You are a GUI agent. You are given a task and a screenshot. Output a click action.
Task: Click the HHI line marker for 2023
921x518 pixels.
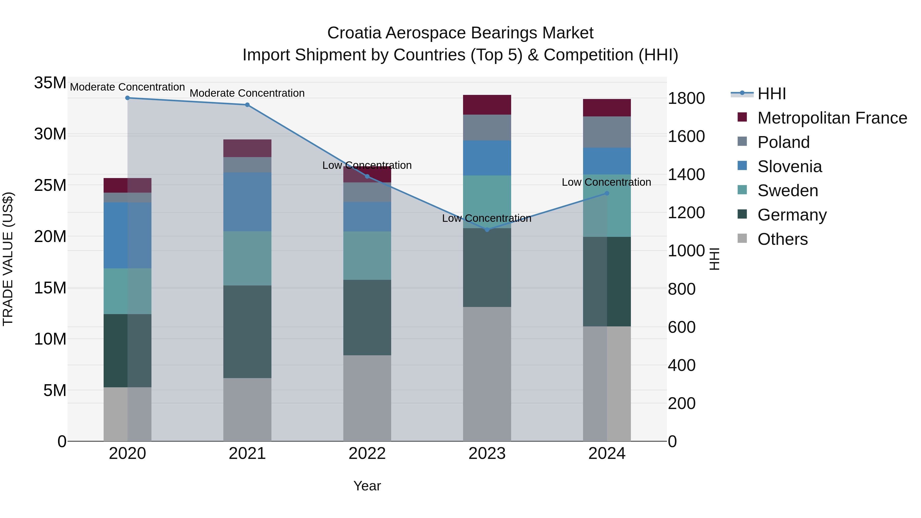click(x=487, y=229)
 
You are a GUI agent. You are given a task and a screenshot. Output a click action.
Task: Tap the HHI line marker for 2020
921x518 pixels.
click(x=127, y=98)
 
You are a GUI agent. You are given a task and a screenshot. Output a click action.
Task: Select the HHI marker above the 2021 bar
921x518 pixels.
click(x=247, y=105)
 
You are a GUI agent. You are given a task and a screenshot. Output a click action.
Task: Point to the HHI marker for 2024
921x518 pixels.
click(x=607, y=193)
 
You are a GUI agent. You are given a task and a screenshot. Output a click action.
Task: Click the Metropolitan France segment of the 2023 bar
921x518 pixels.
click(x=487, y=105)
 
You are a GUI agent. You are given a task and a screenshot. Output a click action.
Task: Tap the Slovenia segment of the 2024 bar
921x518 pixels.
click(x=607, y=161)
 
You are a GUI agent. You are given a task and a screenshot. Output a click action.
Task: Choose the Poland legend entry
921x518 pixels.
click(x=783, y=142)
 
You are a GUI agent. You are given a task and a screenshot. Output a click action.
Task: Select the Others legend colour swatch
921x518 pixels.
click(x=742, y=238)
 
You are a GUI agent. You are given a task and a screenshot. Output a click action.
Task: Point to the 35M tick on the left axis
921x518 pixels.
click(x=50, y=83)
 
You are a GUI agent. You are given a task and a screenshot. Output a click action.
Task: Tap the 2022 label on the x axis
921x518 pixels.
click(x=367, y=454)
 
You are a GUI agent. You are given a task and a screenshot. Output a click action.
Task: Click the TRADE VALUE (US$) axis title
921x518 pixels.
click(x=8, y=259)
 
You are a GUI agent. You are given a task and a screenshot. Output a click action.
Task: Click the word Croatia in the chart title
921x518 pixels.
click(x=354, y=33)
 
